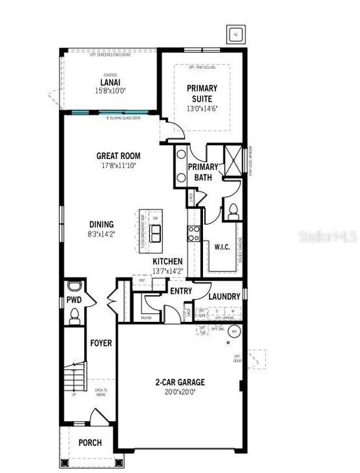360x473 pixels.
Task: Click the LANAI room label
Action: coord(109,82)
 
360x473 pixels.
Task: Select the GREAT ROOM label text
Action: coord(119,156)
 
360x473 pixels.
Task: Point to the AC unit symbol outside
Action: coord(236,34)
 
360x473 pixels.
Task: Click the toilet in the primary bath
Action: coord(233,211)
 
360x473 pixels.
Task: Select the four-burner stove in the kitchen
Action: coord(194,233)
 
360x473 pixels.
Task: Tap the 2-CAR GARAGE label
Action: coord(180,382)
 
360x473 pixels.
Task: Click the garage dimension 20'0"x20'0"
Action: coord(180,392)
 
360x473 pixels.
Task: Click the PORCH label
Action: coord(90,443)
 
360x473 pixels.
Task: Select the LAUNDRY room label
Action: coord(225,296)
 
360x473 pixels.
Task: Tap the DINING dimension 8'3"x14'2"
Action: coord(101,233)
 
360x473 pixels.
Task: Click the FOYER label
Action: coord(101,343)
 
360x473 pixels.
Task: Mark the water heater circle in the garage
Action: coord(233,332)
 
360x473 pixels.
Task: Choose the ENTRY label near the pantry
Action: coord(181,291)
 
